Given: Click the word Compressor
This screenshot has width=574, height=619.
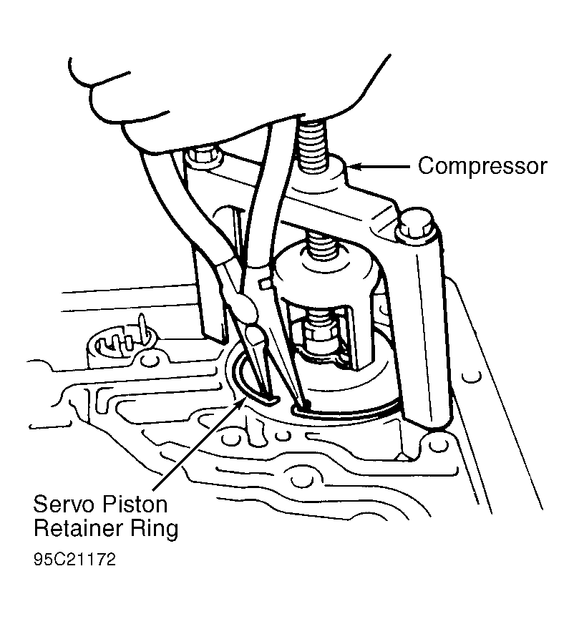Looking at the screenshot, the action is click(x=482, y=167).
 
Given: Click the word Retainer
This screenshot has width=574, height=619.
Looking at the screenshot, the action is click(x=79, y=528).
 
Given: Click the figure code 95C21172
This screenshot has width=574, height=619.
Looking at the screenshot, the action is click(x=74, y=560).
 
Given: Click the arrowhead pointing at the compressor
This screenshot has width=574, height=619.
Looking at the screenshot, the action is click(x=354, y=167).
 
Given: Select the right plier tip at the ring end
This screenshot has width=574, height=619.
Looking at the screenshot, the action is click(x=303, y=401).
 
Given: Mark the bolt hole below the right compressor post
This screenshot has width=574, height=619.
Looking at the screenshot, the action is click(x=436, y=446).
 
